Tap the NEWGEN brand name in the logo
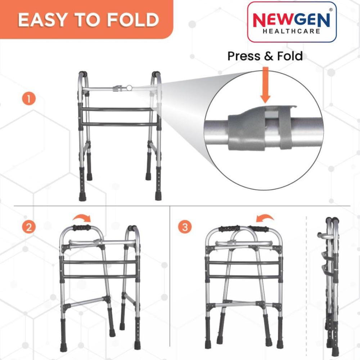pos(291,20)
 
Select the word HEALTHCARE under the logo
pos(291,31)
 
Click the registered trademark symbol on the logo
pos(331,10)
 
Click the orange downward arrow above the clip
pos(265,85)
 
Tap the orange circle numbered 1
pos(29,99)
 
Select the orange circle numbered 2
pos(29,227)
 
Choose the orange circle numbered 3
pos(185,227)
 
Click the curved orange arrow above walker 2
pos(82,217)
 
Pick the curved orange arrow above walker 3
pos(265,217)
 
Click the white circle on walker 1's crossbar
pos(130,88)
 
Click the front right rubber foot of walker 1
pos(158,196)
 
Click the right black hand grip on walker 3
pos(259,229)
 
